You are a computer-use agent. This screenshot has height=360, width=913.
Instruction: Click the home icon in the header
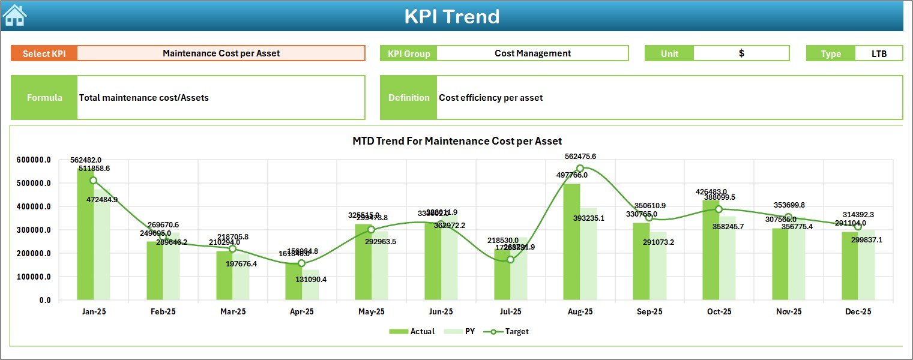(14, 15)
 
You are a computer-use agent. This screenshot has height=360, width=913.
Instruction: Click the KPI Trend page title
(451, 16)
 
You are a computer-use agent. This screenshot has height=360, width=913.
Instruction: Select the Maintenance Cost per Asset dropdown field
(221, 53)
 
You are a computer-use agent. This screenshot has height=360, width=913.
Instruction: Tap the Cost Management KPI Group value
(532, 53)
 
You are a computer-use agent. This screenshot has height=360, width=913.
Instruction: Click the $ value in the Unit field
(741, 53)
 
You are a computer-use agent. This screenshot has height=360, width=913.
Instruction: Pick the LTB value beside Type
(879, 53)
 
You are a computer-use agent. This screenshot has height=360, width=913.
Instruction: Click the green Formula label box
(44, 97)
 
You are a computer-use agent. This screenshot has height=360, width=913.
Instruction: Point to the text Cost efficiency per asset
(490, 98)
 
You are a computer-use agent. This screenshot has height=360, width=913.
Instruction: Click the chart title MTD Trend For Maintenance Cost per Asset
(457, 141)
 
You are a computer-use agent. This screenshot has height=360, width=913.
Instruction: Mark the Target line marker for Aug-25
(580, 169)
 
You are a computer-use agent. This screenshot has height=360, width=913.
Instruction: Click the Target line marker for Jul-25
(510, 259)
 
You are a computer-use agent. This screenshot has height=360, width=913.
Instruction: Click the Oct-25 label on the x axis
(719, 312)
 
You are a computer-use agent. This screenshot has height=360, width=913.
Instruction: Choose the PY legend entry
(464, 331)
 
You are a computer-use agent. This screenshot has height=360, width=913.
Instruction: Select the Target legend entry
(510, 331)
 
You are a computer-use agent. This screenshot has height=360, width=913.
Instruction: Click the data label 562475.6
(580, 157)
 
